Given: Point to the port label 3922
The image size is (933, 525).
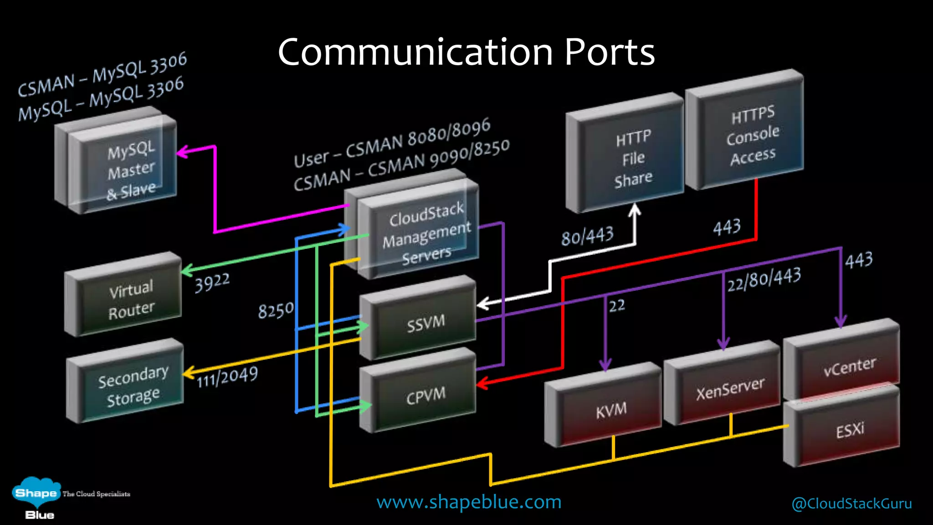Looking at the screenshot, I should click(x=212, y=283).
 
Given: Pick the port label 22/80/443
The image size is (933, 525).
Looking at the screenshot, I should click(x=764, y=279).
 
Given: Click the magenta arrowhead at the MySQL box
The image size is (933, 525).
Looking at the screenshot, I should click(x=182, y=152).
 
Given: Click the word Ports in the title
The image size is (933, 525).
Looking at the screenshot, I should click(x=609, y=52).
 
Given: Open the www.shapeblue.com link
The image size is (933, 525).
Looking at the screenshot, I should click(x=468, y=502).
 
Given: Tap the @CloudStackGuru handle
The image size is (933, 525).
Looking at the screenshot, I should click(x=851, y=504).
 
